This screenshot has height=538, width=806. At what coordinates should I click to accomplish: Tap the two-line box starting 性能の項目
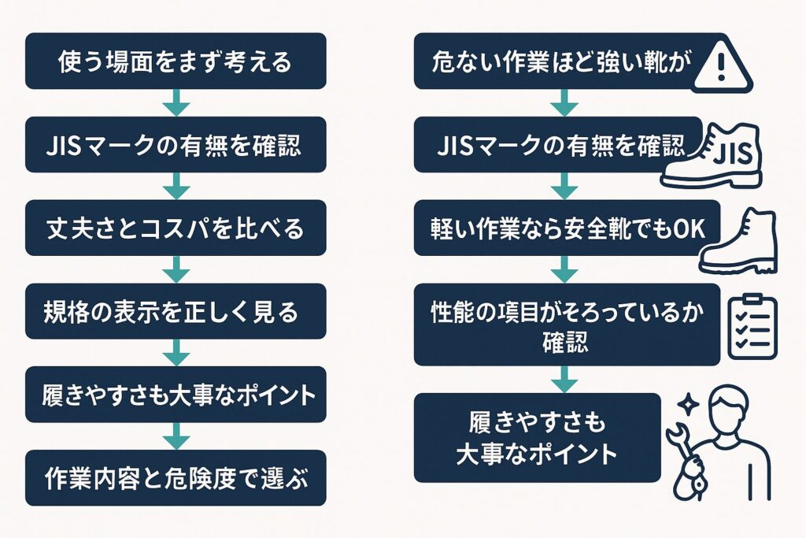[x=566, y=325]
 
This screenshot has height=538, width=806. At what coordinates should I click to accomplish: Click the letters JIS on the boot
[x=735, y=150]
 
